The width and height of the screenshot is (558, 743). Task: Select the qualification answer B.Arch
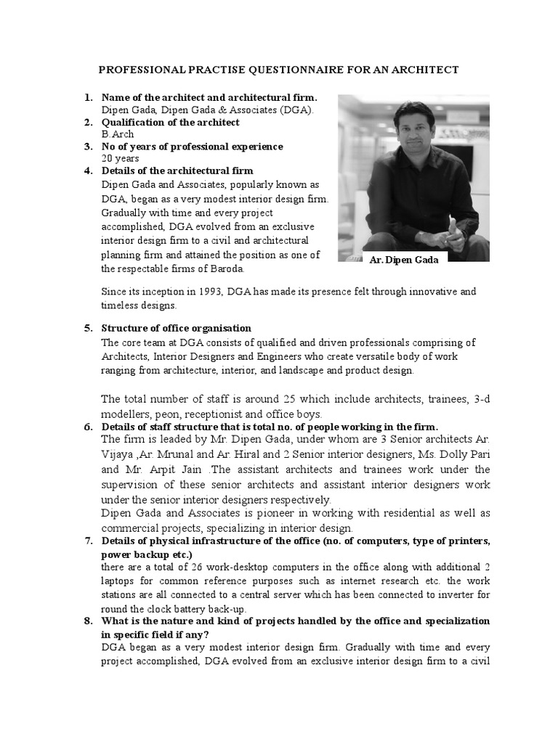118,134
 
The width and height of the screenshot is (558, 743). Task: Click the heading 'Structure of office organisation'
177,328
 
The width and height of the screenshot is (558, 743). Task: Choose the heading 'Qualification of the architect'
170,123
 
